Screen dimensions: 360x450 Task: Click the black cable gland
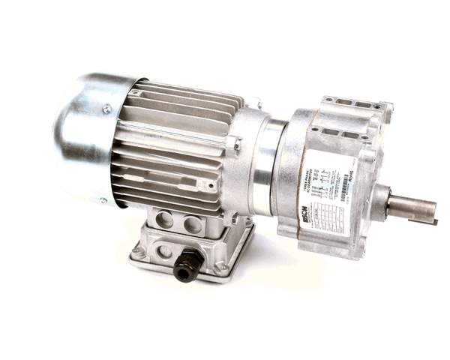[187, 265]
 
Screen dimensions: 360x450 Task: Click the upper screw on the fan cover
[106, 109]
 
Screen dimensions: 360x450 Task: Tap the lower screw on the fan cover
[103, 200]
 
